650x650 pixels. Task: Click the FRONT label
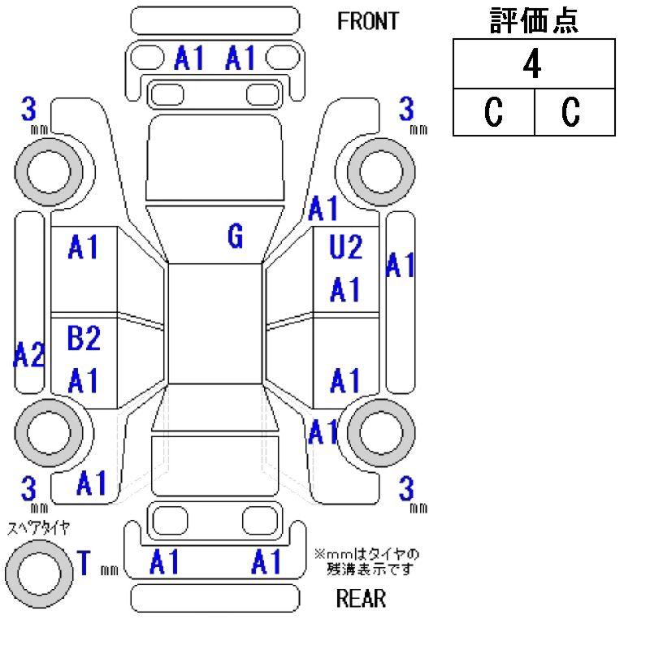[x=368, y=21]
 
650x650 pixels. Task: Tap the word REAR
[x=361, y=600]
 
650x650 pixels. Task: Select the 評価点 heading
[x=534, y=22]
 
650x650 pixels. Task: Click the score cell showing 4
[x=533, y=65]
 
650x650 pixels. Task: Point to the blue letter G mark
[x=235, y=236]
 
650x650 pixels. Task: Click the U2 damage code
[x=345, y=247]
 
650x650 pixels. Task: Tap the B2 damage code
[x=83, y=338]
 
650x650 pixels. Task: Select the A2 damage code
[x=28, y=355]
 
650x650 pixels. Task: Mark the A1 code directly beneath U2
[x=345, y=289]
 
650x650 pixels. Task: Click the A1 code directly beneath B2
[x=83, y=379]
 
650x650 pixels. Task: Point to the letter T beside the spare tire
[x=83, y=562]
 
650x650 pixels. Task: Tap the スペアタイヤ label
[x=38, y=527]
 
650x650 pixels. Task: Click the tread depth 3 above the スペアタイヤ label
[x=30, y=489]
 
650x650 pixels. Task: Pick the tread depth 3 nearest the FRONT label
[x=406, y=108]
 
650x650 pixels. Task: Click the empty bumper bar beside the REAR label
[x=213, y=599]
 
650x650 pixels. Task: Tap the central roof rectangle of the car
[x=215, y=323]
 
